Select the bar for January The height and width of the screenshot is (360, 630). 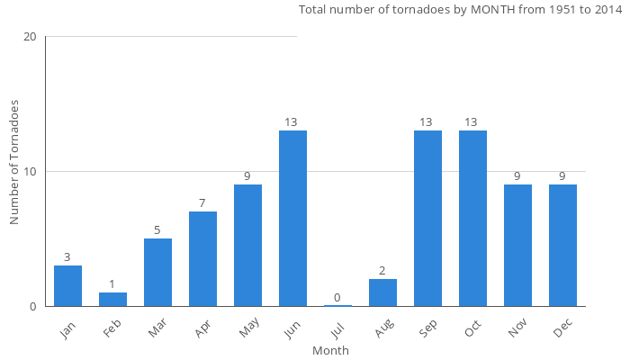pyautogui.click(x=67, y=286)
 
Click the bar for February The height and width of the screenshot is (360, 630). pyautogui.click(x=112, y=299)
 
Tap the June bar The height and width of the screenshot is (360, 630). pyautogui.click(x=292, y=219)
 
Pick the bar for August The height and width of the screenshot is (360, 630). pyautogui.click(x=382, y=292)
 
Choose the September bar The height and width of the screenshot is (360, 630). pyautogui.click(x=427, y=219)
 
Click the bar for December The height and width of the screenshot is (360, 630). pyautogui.click(x=562, y=246)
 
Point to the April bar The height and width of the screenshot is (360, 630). pyautogui.click(x=202, y=259)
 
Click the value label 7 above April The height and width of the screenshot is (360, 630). pyautogui.click(x=202, y=203)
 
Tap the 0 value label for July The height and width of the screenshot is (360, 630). pyautogui.click(x=337, y=298)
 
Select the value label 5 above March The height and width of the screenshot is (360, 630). pyautogui.click(x=157, y=230)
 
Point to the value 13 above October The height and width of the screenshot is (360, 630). pyautogui.click(x=472, y=122)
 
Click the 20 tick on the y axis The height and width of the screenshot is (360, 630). pyautogui.click(x=30, y=37)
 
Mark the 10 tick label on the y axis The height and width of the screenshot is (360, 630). pyautogui.click(x=30, y=172)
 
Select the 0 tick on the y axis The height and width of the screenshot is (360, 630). pyautogui.click(x=33, y=307)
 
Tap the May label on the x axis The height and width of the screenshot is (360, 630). pyautogui.click(x=247, y=330)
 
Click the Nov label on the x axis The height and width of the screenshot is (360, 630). pyautogui.click(x=517, y=330)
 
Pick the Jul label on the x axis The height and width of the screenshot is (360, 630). pyautogui.click(x=337, y=329)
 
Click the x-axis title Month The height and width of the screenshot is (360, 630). pyautogui.click(x=330, y=350)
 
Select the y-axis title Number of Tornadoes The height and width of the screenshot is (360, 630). pyautogui.click(x=14, y=163)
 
